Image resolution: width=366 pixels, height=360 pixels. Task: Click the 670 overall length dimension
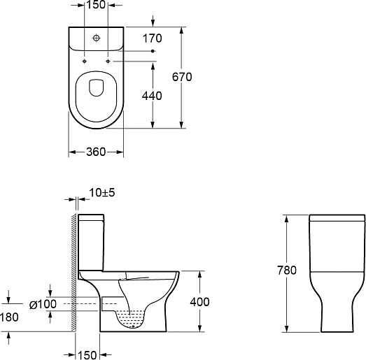click(182, 77)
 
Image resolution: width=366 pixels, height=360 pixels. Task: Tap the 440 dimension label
click(152, 96)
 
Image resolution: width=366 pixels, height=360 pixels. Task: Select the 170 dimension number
click(152, 38)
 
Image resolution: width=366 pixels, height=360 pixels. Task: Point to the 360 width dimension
click(96, 152)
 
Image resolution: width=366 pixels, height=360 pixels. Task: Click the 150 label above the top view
click(96, 5)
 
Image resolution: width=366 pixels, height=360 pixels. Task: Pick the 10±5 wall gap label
click(102, 193)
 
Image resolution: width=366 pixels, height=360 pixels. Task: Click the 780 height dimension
click(287, 270)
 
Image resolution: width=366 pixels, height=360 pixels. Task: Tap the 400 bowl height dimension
click(199, 302)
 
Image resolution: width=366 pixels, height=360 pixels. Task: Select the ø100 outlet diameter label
click(43, 304)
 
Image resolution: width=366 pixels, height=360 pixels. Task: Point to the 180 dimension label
click(9, 317)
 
